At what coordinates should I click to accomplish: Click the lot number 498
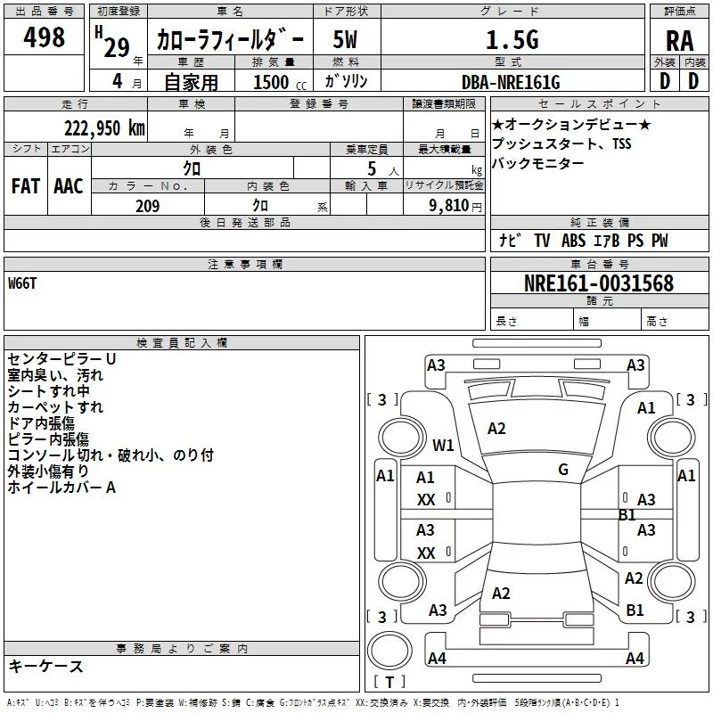44,37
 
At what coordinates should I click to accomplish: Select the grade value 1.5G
512,39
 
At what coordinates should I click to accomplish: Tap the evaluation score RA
680,41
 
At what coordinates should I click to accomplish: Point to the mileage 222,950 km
104,128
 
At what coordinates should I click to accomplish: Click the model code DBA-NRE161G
511,82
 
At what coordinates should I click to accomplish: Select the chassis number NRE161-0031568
599,283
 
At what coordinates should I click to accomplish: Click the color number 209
147,206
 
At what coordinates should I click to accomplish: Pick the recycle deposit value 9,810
449,206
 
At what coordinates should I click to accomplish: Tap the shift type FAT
26,186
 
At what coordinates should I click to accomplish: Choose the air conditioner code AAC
69,186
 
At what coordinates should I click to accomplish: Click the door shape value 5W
345,39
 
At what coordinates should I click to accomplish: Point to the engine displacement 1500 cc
280,82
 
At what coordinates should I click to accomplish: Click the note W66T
22,283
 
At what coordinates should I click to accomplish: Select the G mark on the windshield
563,470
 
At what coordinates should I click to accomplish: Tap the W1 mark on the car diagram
443,445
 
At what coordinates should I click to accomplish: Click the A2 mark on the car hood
496,429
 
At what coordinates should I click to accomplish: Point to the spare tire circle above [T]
389,651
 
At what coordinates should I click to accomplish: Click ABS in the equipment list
573,241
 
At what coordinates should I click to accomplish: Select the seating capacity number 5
372,168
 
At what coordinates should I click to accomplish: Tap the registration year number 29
117,48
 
